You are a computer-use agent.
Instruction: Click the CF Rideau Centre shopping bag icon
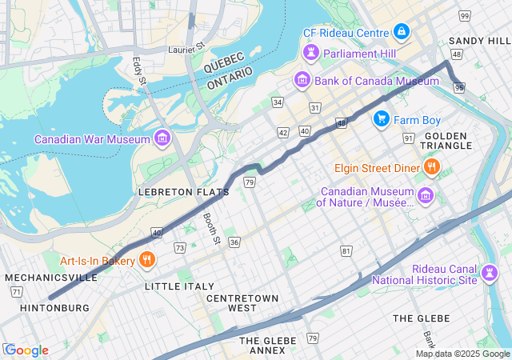[402, 33]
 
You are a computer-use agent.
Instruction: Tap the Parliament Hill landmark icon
[310, 54]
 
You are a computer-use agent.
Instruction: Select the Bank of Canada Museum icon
[302, 80]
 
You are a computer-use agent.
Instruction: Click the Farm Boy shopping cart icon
[382, 119]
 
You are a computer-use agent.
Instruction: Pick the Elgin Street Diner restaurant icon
[432, 167]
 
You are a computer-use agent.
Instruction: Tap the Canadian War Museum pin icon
[162, 139]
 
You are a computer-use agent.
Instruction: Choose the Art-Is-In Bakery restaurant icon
[147, 260]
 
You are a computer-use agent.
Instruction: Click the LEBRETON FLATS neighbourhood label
[183, 192]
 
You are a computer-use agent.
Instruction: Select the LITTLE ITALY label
[179, 286]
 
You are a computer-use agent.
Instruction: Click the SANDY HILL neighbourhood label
[478, 40]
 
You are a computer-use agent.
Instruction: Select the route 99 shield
[465, 16]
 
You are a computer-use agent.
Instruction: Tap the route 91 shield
[408, 138]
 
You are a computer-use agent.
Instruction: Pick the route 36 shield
[234, 242]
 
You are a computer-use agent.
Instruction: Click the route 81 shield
[346, 251]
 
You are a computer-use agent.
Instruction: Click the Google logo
[26, 350]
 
